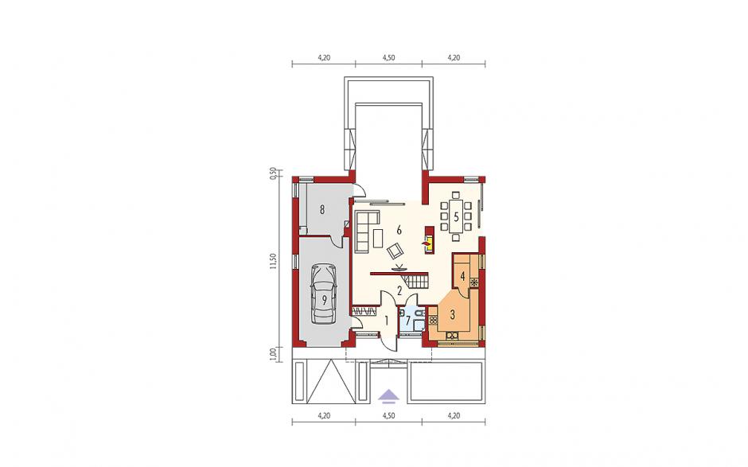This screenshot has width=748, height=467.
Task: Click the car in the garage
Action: click(323, 294)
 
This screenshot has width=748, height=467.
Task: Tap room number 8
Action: click(322, 209)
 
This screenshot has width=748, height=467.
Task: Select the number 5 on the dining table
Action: click(456, 217)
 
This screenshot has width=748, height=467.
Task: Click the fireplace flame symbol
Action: click(425, 243)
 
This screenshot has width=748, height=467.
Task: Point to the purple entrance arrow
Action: click(389, 395)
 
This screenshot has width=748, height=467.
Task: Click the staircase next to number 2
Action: click(416, 281)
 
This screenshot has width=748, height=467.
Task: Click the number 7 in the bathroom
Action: click(408, 320)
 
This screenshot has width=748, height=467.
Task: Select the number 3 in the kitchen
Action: click(452, 314)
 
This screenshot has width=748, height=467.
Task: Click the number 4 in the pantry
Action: click(462, 276)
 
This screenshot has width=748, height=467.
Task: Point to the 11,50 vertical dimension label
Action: click(273, 262)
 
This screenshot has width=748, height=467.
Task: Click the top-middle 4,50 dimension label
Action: click(388, 58)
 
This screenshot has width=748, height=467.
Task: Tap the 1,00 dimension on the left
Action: click(273, 354)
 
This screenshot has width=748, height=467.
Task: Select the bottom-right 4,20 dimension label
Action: click(454, 416)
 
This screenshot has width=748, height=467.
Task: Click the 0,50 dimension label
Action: click(273, 173)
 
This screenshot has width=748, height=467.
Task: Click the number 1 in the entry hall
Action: click(387, 320)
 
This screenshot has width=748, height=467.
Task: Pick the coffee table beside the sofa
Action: click(379, 239)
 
